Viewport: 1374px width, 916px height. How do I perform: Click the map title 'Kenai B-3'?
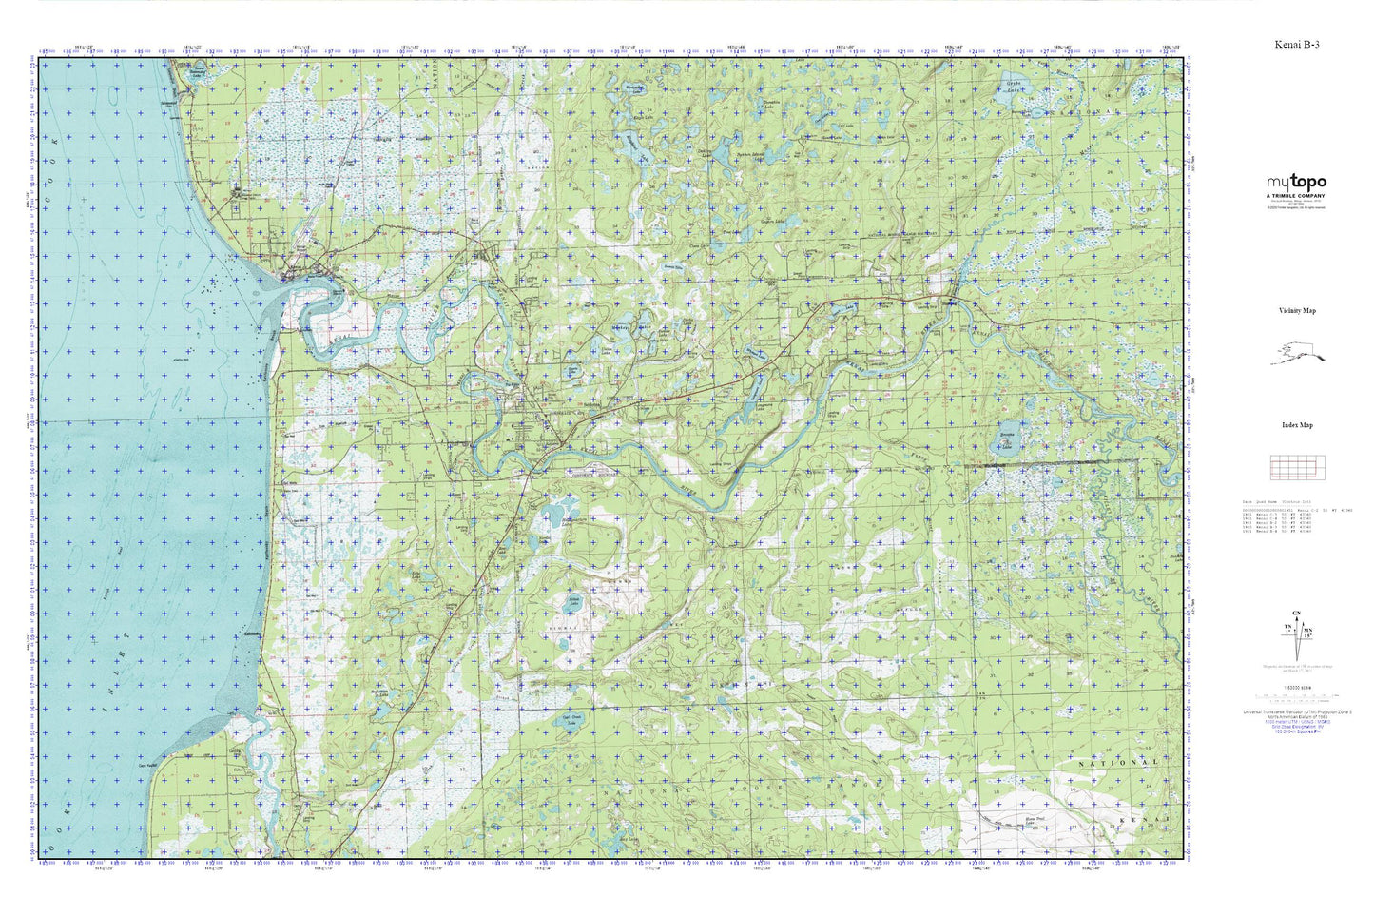(x=1297, y=45)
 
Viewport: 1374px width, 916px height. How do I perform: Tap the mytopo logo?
(x=1296, y=183)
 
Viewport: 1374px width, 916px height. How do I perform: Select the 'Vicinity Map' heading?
(x=1297, y=311)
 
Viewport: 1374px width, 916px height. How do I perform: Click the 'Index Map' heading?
(x=1297, y=425)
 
